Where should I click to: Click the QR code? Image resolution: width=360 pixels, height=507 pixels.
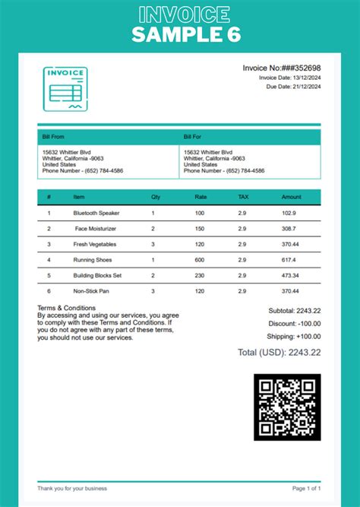[x=287, y=407]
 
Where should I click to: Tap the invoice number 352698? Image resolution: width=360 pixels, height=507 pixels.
[x=305, y=68]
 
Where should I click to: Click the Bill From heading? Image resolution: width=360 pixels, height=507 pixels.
[x=53, y=137]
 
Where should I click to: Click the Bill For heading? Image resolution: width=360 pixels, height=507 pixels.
[x=192, y=137]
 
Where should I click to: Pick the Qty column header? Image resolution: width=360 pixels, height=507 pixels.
[x=156, y=197]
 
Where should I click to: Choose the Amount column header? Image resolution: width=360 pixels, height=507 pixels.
[x=292, y=197]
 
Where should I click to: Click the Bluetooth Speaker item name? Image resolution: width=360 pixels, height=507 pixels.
[x=96, y=214]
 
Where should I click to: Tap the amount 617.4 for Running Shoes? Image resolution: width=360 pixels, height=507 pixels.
[x=289, y=259]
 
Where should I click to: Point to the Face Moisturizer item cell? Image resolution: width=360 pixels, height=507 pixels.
[x=96, y=229]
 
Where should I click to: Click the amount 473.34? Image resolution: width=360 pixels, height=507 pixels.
[x=289, y=275]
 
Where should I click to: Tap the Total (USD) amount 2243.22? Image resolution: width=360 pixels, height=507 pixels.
[x=300, y=352]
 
